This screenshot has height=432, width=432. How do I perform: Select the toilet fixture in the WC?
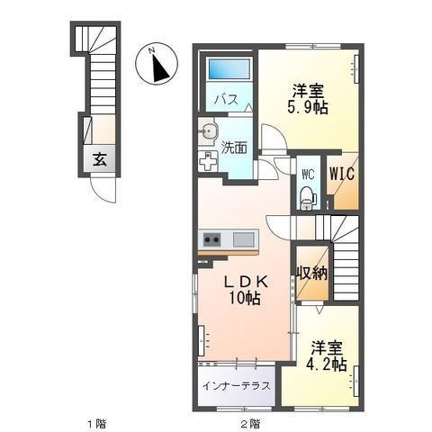306,194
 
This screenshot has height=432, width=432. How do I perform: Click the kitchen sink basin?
245,239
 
